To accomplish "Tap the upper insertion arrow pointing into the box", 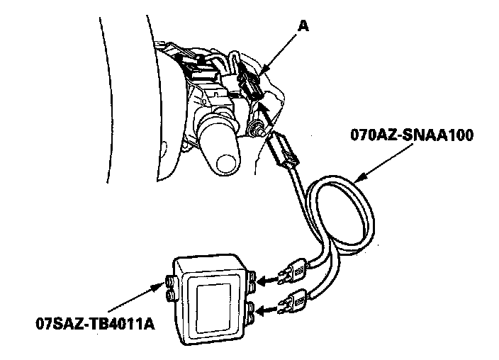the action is [x=267, y=282].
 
